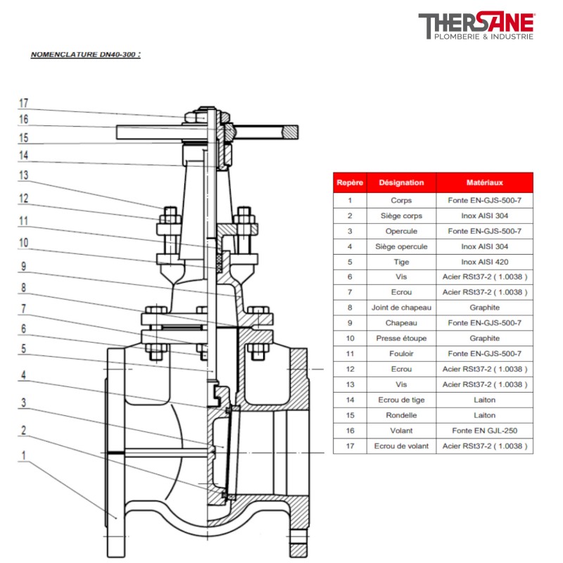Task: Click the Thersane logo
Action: tap(476, 27)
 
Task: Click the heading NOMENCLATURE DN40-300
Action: tap(85, 54)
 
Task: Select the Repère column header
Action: tap(350, 182)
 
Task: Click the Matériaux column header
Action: tap(484, 182)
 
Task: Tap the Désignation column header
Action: tap(401, 182)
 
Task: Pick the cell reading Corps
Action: tap(401, 200)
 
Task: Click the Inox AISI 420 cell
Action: tap(484, 261)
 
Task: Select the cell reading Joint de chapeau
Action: tap(401, 308)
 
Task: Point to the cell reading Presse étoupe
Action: tap(401, 339)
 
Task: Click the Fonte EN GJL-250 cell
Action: tap(484, 431)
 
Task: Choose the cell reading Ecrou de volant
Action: tap(401, 446)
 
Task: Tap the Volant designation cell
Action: tap(401, 431)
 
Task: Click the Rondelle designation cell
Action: tap(401, 415)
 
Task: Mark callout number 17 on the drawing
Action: tap(23, 103)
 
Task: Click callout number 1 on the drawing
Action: tap(23, 455)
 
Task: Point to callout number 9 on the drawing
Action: tap(23, 267)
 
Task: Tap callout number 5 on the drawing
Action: tap(23, 348)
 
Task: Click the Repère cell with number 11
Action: tap(350, 354)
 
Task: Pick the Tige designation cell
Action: tap(401, 261)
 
